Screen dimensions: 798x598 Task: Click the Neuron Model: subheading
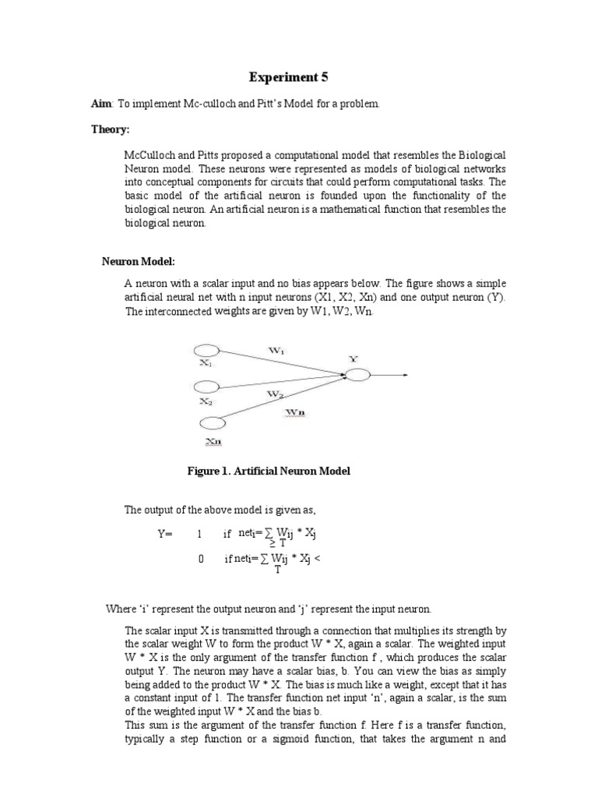click(143, 261)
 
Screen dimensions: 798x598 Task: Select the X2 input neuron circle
click(206, 387)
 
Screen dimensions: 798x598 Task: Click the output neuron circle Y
click(357, 375)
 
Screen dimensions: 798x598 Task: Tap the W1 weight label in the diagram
click(276, 351)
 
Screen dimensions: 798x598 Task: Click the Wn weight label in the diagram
click(294, 410)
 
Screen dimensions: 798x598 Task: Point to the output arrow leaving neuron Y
click(389, 375)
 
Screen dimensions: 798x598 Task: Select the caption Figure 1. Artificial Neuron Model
click(269, 471)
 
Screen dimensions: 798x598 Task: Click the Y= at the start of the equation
click(165, 535)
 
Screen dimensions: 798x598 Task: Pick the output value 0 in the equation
click(201, 559)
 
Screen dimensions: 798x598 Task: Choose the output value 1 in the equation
click(199, 535)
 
